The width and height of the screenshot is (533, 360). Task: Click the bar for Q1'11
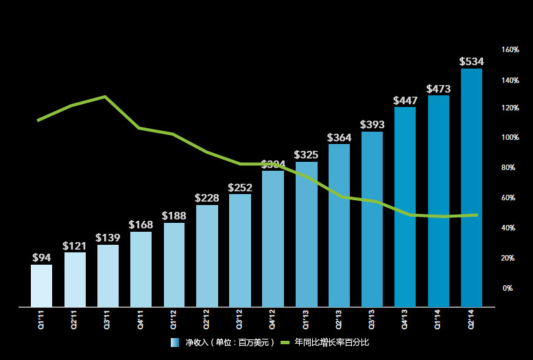(x=41, y=285)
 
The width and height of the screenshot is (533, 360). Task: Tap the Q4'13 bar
(x=405, y=206)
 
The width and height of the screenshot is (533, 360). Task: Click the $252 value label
(x=240, y=187)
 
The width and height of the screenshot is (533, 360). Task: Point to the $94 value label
(x=42, y=258)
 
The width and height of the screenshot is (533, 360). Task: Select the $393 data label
(x=372, y=125)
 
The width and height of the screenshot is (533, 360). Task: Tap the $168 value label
(x=141, y=225)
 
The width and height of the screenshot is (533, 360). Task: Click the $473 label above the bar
(x=438, y=89)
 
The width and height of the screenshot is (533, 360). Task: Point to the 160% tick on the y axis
(x=510, y=50)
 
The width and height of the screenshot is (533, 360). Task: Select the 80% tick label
(x=508, y=168)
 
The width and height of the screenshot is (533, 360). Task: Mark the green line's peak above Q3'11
(x=105, y=97)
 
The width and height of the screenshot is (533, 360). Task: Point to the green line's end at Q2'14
(x=476, y=215)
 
